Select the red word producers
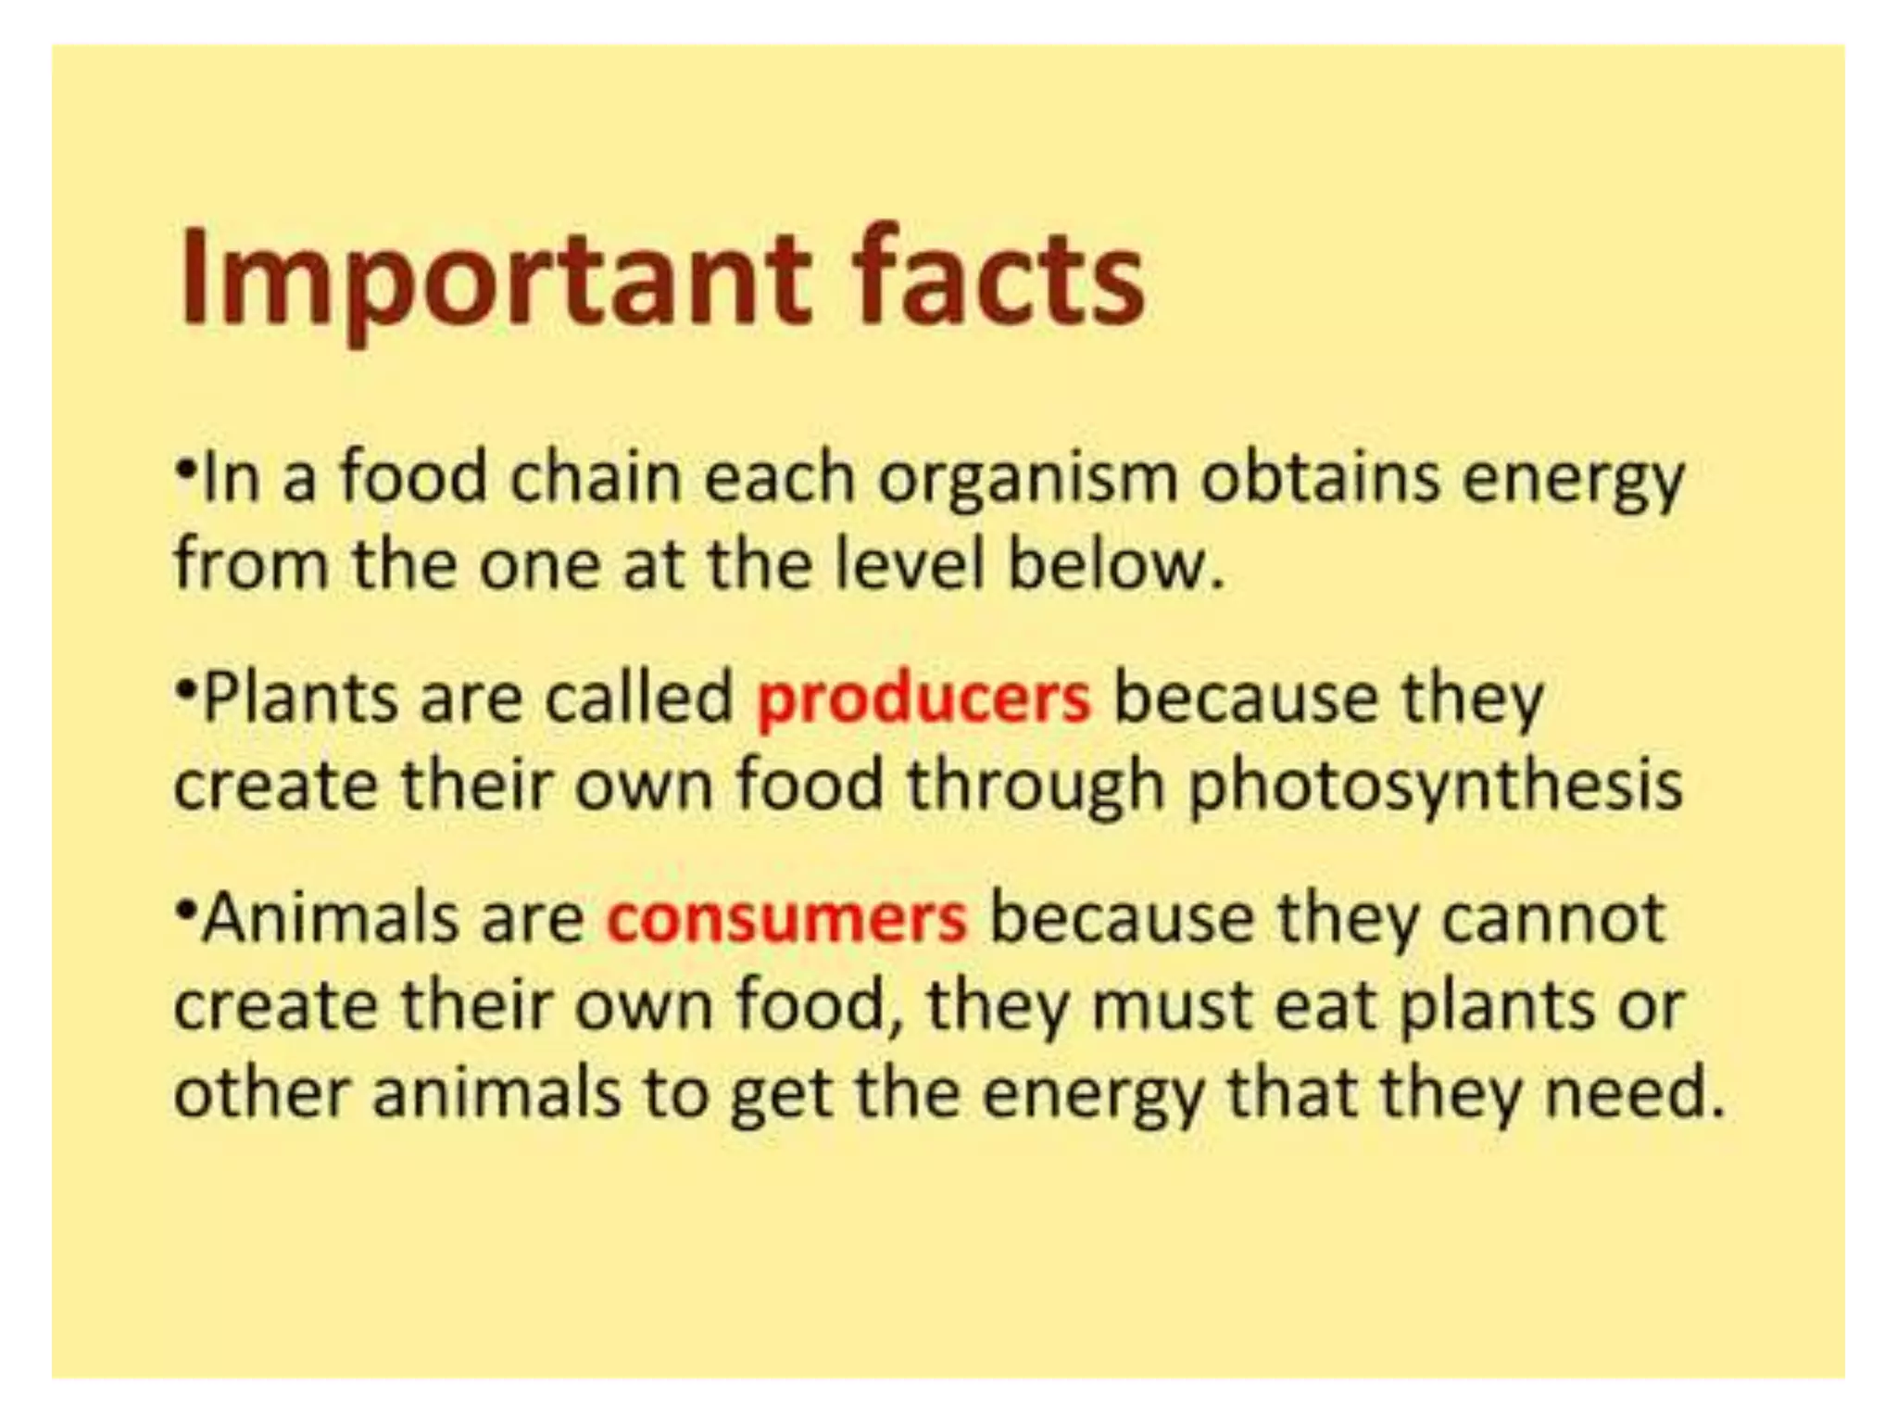point(923,699)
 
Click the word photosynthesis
point(1435,787)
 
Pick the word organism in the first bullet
point(1028,480)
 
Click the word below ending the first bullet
point(1115,564)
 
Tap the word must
point(1172,1006)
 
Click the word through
point(1034,787)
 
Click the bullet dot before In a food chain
point(186,470)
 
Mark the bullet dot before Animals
point(186,909)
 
